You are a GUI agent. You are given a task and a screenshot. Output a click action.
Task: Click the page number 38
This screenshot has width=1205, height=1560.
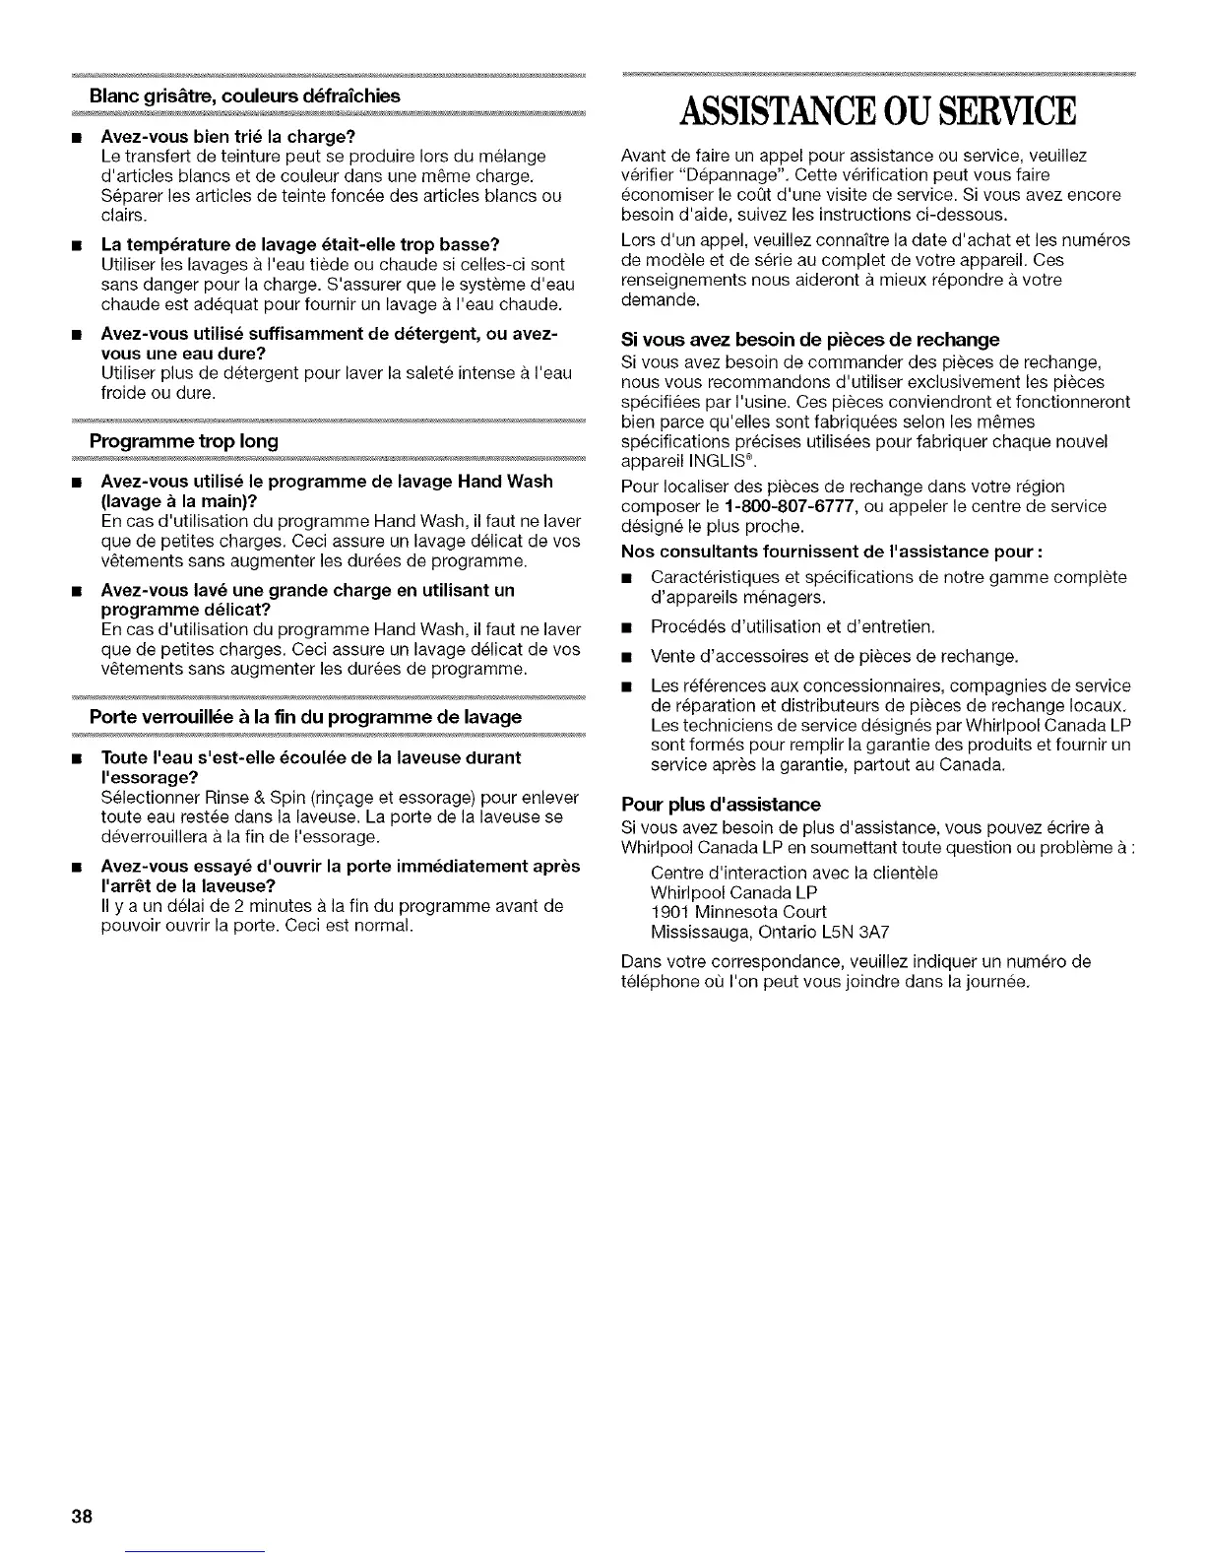[x=81, y=1516]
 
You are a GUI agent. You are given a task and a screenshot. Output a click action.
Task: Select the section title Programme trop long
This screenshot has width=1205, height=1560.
[x=183, y=441]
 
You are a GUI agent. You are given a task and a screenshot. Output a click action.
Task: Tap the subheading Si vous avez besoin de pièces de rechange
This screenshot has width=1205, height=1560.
[x=810, y=340]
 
